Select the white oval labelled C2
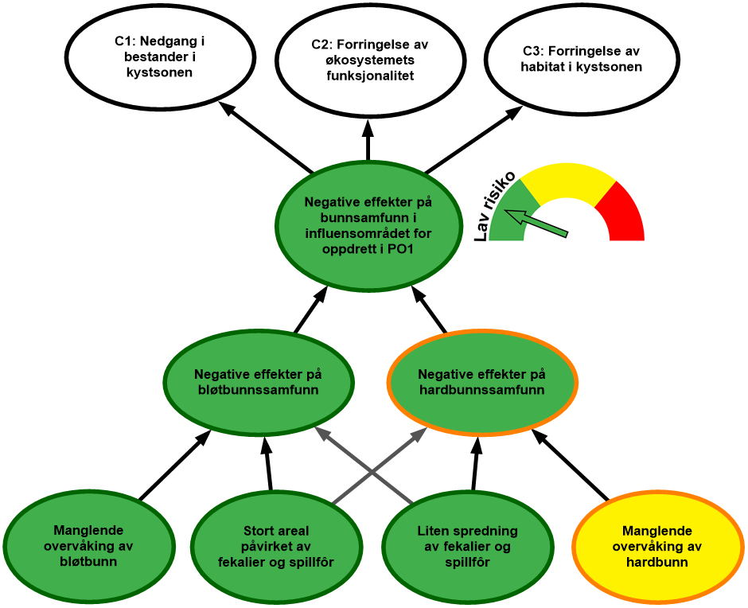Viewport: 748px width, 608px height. (x=370, y=60)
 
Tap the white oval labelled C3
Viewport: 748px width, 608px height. (x=581, y=60)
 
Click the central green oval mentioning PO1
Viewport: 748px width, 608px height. (x=369, y=225)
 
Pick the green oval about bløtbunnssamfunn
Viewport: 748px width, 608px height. (x=258, y=383)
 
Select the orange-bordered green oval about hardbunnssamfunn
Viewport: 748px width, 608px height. (x=481, y=383)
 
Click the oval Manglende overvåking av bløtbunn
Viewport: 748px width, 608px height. (x=88, y=546)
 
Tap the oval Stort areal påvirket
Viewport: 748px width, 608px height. (x=275, y=547)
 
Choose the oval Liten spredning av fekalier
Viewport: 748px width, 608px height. (x=467, y=547)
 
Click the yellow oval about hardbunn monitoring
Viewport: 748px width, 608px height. (x=657, y=547)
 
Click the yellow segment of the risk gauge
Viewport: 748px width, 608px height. (x=566, y=179)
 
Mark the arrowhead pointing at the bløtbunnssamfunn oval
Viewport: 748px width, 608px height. (x=321, y=434)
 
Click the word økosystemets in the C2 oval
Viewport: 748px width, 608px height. (x=371, y=60)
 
